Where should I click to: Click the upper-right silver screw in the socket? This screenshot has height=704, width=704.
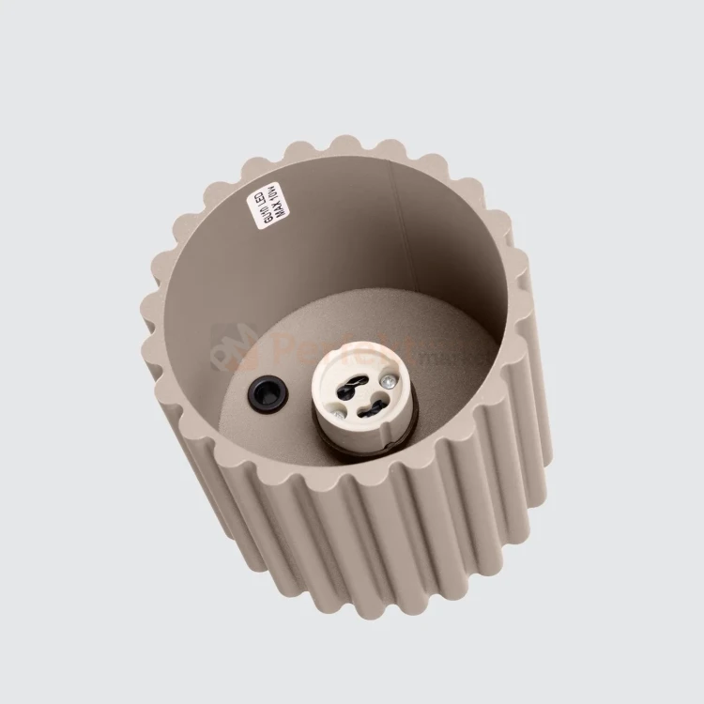pyautogui.click(x=385, y=381)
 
